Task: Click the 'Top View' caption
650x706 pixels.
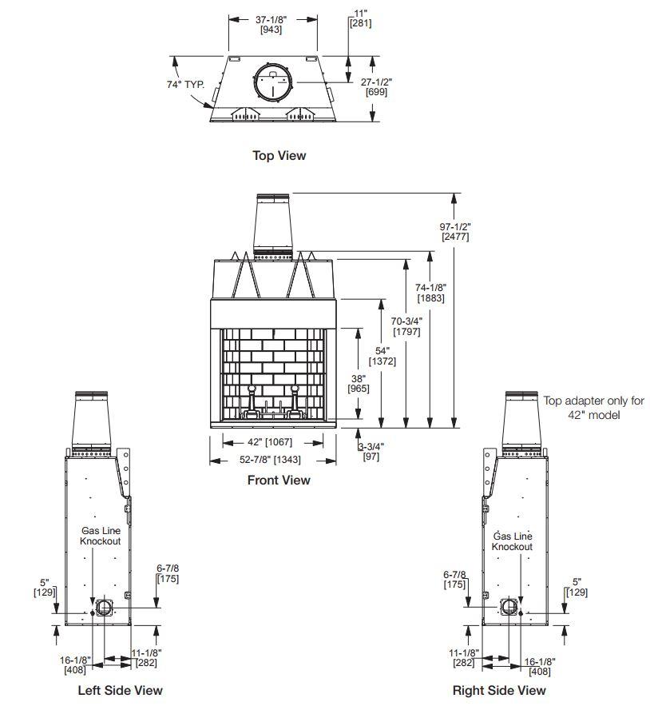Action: coord(279,155)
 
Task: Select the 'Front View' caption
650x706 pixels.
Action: coord(279,480)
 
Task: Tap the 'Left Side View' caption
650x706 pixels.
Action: coord(120,690)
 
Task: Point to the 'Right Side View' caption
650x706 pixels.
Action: coord(499,690)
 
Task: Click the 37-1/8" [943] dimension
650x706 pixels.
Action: coord(271,24)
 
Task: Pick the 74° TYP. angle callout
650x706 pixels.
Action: coord(186,84)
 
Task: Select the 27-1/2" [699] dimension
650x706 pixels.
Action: coord(377,87)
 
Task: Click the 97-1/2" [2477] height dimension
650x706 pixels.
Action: coord(455,231)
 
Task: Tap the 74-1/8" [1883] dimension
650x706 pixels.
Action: coord(430,293)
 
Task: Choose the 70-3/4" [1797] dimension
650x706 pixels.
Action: coord(406,326)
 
